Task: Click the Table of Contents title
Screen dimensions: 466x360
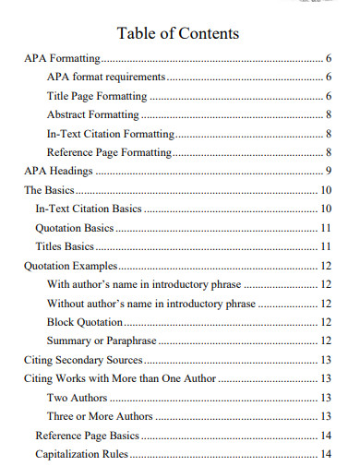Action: pyautogui.click(x=178, y=33)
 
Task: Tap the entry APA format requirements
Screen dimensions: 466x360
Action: pyautogui.click(x=106, y=78)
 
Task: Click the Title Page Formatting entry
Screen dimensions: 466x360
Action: pyautogui.click(x=96, y=96)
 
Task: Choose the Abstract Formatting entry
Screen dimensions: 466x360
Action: pyautogui.click(x=92, y=115)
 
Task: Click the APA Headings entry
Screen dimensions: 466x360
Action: pyautogui.click(x=58, y=172)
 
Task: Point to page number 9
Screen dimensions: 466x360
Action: pyautogui.click(x=329, y=172)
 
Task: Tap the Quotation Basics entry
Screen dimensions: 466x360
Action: pyautogui.click(x=74, y=228)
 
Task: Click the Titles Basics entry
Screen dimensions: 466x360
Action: pyautogui.click(x=65, y=246)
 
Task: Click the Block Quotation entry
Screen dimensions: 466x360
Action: pyautogui.click(x=84, y=322)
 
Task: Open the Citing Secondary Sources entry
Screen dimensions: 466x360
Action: pyautogui.click(x=82, y=360)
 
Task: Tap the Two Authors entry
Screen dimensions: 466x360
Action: pyautogui.click(x=77, y=398)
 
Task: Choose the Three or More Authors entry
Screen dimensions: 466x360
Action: pyautogui.click(x=99, y=416)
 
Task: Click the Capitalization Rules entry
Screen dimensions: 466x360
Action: pyautogui.click(x=81, y=454)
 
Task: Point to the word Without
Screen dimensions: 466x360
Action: pyautogui.click(x=66, y=303)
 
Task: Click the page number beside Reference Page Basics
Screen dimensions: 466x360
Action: pyautogui.click(x=326, y=436)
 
